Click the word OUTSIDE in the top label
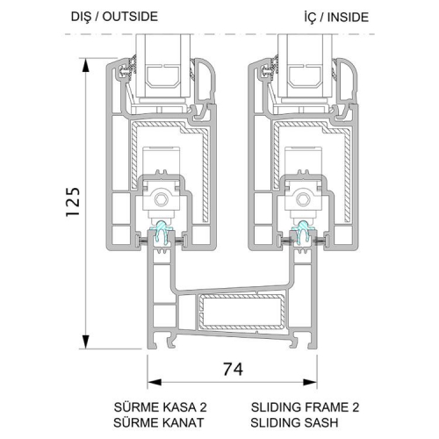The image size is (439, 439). (x=130, y=17)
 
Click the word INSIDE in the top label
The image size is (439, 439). (x=348, y=18)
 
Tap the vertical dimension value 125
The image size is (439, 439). (x=73, y=202)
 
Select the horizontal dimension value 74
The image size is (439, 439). (x=233, y=370)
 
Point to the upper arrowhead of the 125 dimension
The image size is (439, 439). (x=85, y=65)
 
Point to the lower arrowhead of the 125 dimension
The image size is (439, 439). (x=85, y=342)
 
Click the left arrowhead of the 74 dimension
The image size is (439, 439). (x=155, y=382)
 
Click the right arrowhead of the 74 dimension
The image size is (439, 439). (x=310, y=382)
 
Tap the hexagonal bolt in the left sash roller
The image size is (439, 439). (x=161, y=199)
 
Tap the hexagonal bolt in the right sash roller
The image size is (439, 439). (x=302, y=199)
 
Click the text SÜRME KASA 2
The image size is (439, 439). (x=160, y=407)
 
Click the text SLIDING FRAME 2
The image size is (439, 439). (x=305, y=407)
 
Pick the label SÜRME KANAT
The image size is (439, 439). (x=158, y=422)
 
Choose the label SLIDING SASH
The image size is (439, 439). (x=294, y=422)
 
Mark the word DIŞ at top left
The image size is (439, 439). (x=82, y=17)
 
